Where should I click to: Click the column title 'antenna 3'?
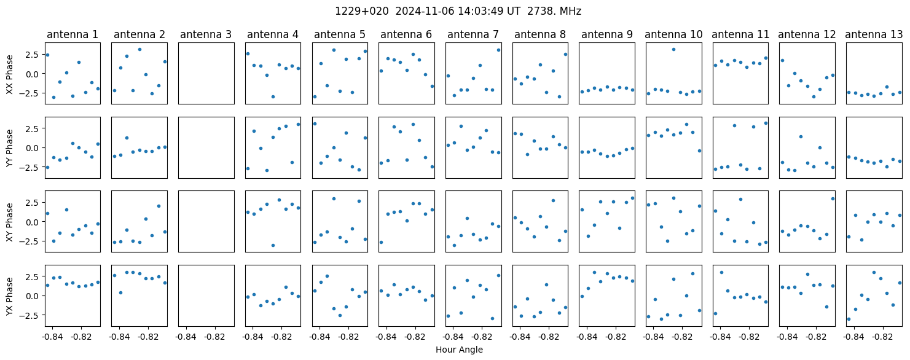point(206,35)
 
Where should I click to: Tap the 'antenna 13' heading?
point(874,35)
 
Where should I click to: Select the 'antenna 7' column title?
point(473,35)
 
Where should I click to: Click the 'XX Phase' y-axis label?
point(9,75)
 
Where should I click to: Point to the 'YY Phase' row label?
point(9,148)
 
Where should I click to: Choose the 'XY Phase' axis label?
point(9,222)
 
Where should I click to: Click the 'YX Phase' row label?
point(9,295)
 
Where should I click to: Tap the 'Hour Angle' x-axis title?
point(459,350)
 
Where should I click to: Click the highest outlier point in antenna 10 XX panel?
point(673,50)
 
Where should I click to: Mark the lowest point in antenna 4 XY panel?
point(273,245)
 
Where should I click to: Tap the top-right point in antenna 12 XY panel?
point(833,198)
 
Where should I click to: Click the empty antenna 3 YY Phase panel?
point(206,147)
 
